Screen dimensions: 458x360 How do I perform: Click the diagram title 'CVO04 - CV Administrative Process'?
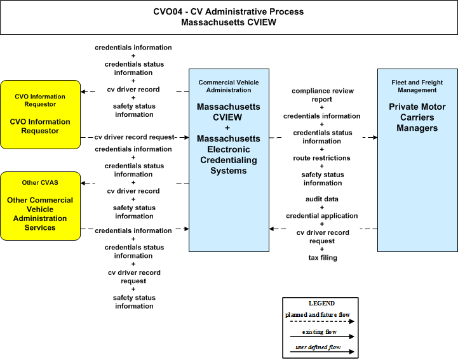click(x=229, y=11)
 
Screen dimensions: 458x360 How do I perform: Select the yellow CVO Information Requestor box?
click(x=40, y=114)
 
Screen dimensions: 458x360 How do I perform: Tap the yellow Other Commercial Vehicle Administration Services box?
click(x=40, y=206)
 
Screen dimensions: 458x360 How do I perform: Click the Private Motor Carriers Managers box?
click(x=417, y=160)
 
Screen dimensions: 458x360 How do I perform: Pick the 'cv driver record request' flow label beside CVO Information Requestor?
click(x=135, y=137)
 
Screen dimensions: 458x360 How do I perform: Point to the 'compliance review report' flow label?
click(x=323, y=95)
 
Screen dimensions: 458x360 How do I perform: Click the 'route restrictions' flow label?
click(x=321, y=158)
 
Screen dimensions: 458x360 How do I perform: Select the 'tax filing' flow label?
click(x=323, y=258)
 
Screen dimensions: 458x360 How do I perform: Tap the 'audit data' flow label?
click(x=322, y=199)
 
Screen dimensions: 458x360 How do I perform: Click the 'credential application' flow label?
click(x=322, y=216)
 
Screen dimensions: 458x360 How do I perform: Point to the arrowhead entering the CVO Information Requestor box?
click(x=83, y=91)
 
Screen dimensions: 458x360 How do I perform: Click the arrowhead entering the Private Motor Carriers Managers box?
click(x=375, y=137)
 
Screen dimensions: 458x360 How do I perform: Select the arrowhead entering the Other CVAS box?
click(x=83, y=183)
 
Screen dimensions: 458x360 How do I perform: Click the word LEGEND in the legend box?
click(x=321, y=303)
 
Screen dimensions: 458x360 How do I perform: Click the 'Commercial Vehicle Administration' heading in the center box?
click(x=229, y=86)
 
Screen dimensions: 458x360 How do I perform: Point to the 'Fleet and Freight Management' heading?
click(x=417, y=86)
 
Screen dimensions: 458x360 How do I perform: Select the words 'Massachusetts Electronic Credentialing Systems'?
click(x=229, y=154)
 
